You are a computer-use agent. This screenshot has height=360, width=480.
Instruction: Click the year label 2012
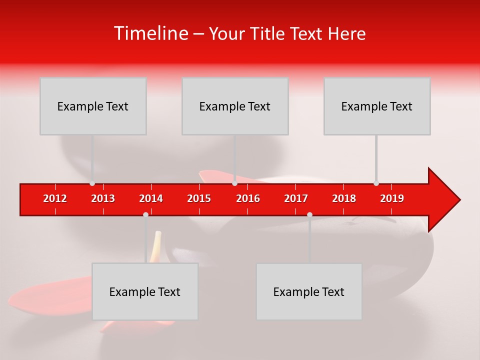coord(55,198)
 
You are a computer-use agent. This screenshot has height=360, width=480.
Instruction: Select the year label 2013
coord(103,198)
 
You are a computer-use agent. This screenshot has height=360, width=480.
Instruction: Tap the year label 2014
coord(151,198)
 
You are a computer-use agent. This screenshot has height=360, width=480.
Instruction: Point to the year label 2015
coord(199,198)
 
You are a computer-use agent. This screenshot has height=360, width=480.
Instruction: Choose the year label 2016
coord(248,198)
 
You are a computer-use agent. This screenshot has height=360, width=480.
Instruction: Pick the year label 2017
coord(296,198)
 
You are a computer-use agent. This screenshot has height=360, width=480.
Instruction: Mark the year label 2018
coord(344,198)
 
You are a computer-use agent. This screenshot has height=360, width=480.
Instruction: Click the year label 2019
coord(392,198)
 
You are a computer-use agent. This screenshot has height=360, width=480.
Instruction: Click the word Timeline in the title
coord(150,33)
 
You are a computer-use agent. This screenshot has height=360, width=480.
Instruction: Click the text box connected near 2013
coord(93,106)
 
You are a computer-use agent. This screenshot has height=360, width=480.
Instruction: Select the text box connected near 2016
coord(235,106)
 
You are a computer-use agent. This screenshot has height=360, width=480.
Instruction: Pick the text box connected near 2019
coord(377,106)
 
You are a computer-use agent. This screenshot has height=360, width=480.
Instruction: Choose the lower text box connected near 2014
coord(145,291)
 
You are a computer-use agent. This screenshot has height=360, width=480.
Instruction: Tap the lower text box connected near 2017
coord(309,291)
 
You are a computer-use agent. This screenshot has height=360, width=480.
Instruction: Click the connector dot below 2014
coord(145,214)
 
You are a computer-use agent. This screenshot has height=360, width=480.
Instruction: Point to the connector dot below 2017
coord(309,214)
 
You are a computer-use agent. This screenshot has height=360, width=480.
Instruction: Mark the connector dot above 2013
coord(92,183)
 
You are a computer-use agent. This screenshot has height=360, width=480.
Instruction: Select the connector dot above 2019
coord(376,183)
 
